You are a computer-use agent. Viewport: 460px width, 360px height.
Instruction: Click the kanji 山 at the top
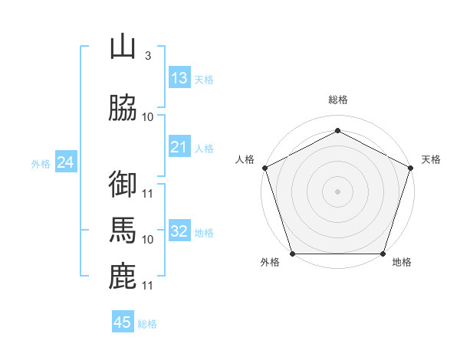[x=123, y=47]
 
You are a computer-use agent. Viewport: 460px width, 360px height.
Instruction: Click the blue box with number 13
[x=179, y=78]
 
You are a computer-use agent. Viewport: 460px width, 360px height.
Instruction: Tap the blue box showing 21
[x=179, y=147]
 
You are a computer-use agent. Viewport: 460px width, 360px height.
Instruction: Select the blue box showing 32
[x=179, y=231]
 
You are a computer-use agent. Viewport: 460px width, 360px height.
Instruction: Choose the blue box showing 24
[x=66, y=162]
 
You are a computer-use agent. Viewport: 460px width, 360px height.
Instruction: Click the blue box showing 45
[x=123, y=322]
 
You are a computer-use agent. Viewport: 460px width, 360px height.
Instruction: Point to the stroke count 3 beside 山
[x=147, y=56]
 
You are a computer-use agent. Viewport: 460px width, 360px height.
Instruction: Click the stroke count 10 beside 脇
[x=148, y=116]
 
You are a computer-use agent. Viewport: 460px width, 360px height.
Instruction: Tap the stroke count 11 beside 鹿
[x=148, y=286]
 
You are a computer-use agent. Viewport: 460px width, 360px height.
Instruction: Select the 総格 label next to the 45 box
[x=147, y=324]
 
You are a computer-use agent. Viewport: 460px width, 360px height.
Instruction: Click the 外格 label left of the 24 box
[x=41, y=164]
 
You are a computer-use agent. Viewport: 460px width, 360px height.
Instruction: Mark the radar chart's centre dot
[x=337, y=191]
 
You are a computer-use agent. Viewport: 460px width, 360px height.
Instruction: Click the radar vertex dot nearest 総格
[x=337, y=131]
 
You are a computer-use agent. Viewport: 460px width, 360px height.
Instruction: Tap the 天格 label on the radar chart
[x=431, y=159]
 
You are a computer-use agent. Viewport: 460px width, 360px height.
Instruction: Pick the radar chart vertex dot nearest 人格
[x=265, y=168]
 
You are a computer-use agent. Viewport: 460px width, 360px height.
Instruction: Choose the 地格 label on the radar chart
[x=402, y=263]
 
